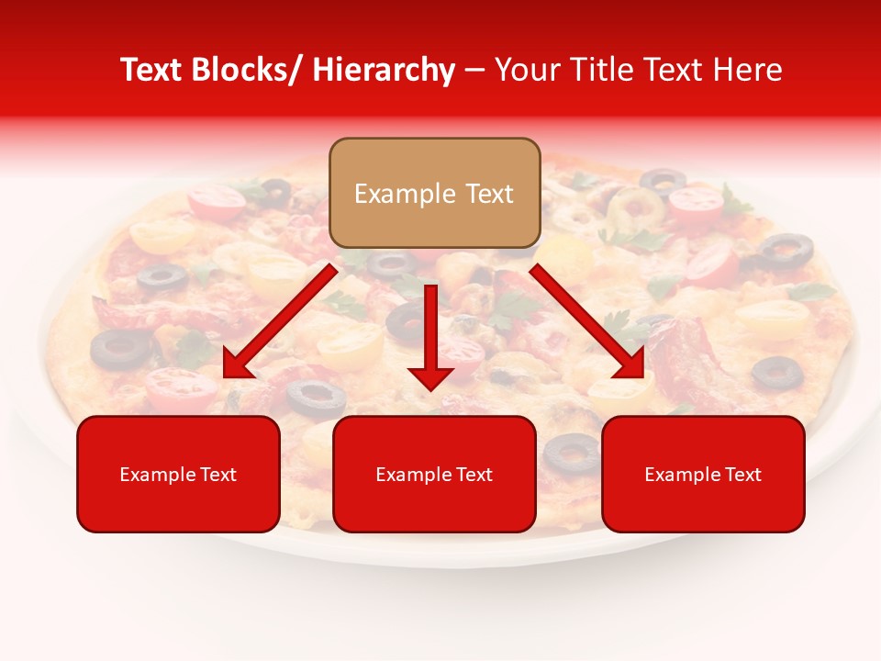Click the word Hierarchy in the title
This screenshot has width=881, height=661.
pyautogui.click(x=384, y=70)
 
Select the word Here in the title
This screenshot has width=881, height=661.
pyautogui.click(x=749, y=70)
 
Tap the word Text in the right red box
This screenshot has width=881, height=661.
pyautogui.click(x=742, y=475)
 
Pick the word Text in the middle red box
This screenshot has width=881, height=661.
pyautogui.click(x=473, y=475)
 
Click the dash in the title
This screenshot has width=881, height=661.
pyautogui.click(x=474, y=70)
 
